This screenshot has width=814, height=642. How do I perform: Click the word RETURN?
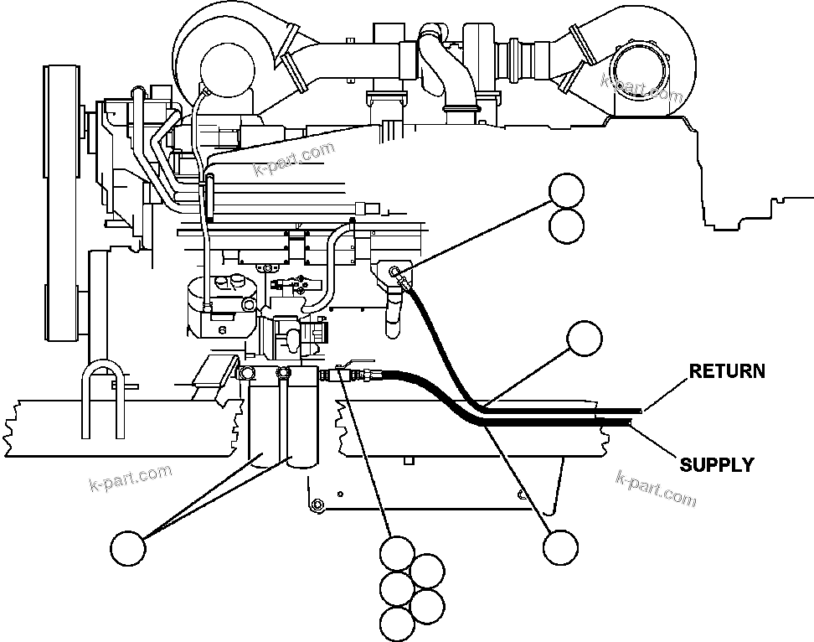pyautogui.click(x=727, y=370)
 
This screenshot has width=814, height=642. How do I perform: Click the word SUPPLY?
pyautogui.click(x=716, y=464)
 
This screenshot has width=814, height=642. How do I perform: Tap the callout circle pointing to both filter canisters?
pyautogui.click(x=128, y=548)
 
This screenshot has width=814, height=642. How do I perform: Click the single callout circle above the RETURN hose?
pyautogui.click(x=585, y=339)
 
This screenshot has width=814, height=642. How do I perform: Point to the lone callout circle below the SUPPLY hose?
pyautogui.click(x=560, y=548)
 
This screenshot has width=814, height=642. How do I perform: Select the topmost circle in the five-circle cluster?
pyautogui.click(x=397, y=553)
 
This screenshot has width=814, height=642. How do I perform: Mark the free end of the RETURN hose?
pyautogui.click(x=640, y=411)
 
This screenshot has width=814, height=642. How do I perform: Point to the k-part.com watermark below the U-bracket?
pyautogui.click(x=130, y=479)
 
